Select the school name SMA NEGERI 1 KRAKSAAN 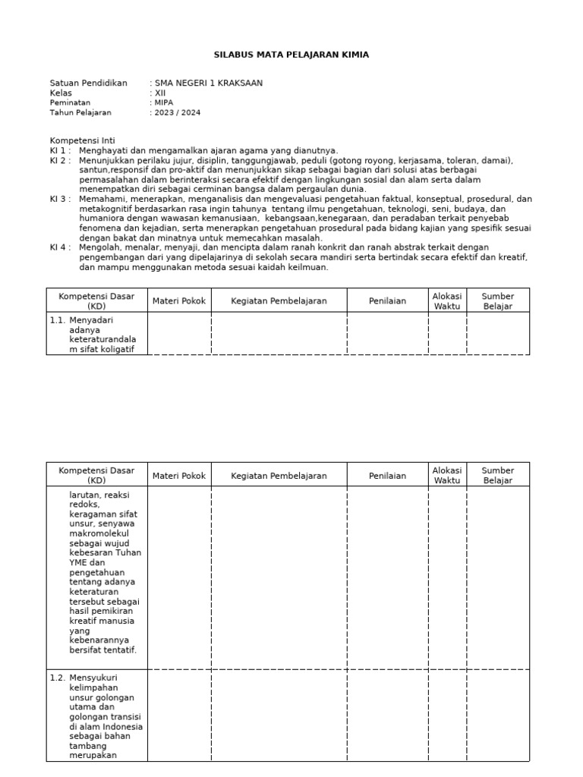click(209, 83)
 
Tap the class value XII click(159, 93)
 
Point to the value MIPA click(163, 102)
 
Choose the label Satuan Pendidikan click(88, 83)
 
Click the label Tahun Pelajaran click(80, 112)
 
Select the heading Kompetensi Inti click(82, 141)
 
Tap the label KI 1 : click(61, 150)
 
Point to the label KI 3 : click(61, 199)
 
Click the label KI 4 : click(61, 247)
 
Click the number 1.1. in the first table click(58, 320)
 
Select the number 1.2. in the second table click(58, 678)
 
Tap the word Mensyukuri click(93, 678)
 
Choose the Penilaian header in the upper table click(387, 301)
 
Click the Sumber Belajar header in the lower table click(497, 475)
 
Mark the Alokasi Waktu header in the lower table click(446, 475)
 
